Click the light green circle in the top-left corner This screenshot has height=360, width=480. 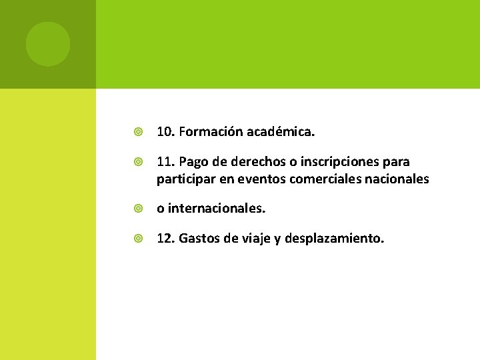(x=47, y=44)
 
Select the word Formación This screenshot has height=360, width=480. (x=211, y=133)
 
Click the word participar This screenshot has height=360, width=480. (x=183, y=179)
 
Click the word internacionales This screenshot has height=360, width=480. (x=217, y=209)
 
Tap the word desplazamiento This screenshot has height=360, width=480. (x=334, y=239)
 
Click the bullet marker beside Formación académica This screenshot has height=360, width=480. (x=138, y=133)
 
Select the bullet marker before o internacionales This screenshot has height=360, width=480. (x=138, y=209)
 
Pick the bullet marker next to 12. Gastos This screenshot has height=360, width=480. (x=138, y=239)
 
